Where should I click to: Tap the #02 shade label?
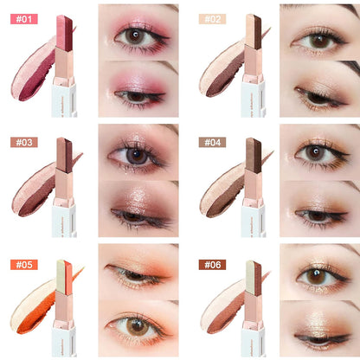pyautogui.click(x=213, y=18)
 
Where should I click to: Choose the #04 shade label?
pyautogui.click(x=213, y=141)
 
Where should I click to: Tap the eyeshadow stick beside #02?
pyautogui.click(x=253, y=65)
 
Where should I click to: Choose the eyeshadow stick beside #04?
pyautogui.click(x=253, y=186)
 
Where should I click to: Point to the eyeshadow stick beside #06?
pyautogui.click(x=253, y=307)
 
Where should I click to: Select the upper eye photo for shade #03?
pyautogui.click(x=138, y=151)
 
